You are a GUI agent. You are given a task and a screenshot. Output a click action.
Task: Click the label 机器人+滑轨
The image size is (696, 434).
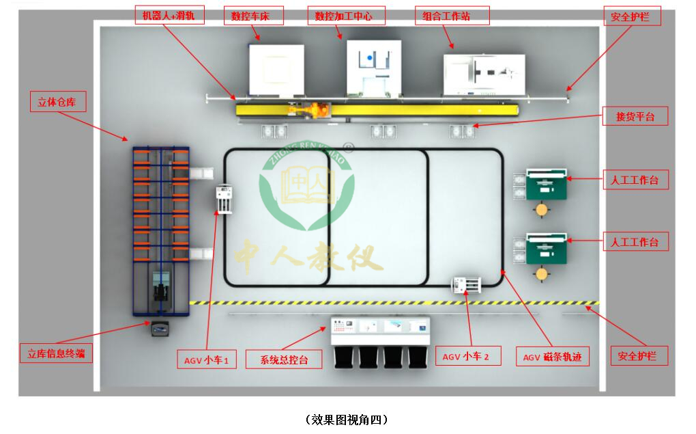point(169,16)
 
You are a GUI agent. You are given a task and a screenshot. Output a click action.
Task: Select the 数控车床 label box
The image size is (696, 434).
point(253,16)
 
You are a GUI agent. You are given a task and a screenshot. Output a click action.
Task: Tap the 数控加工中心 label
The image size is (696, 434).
point(347,16)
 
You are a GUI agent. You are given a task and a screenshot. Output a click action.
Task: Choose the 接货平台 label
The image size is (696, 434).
point(635,117)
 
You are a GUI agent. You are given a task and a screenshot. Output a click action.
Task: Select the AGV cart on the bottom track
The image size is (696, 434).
point(467,284)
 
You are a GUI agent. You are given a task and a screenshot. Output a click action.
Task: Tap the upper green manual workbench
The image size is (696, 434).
point(546,185)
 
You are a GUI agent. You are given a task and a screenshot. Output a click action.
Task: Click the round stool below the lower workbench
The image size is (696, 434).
point(542,274)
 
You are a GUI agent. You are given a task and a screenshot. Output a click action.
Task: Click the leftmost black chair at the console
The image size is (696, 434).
point(344,357)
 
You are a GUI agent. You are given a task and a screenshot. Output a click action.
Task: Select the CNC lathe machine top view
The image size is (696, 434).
point(276,69)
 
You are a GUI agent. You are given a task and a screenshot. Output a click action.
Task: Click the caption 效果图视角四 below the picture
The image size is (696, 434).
point(348,419)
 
